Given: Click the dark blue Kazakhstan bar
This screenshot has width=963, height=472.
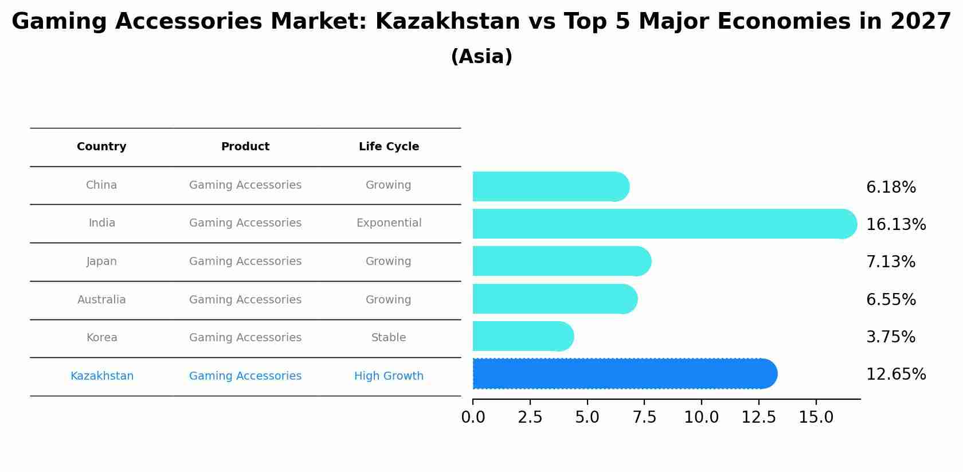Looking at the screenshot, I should pyautogui.click(x=624, y=374).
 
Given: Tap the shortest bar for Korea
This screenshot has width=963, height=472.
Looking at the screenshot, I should pyautogui.click(x=522, y=336).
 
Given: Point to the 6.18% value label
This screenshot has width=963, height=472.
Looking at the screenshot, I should pyautogui.click(x=891, y=188).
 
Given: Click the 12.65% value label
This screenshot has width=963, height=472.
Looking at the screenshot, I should pyautogui.click(x=895, y=375).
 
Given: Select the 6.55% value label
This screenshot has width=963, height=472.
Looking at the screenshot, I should pyautogui.click(x=891, y=300).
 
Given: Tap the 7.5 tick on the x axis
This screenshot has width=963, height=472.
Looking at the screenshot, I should pyautogui.click(x=644, y=417).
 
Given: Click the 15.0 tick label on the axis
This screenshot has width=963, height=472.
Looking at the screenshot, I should pyautogui.click(x=816, y=417).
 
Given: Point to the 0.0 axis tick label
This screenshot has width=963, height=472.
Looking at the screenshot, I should pyautogui.click(x=473, y=417).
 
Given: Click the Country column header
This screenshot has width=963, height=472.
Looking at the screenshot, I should pyautogui.click(x=101, y=147).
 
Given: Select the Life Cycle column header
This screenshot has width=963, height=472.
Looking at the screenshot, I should pyautogui.click(x=389, y=147).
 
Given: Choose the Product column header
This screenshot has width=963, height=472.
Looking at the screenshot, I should pyautogui.click(x=245, y=147).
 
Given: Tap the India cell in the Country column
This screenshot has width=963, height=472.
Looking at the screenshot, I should pyautogui.click(x=102, y=223).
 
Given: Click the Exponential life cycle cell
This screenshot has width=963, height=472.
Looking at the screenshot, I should pyautogui.click(x=389, y=223).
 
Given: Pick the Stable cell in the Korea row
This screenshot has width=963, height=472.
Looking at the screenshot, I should pyautogui.click(x=389, y=338).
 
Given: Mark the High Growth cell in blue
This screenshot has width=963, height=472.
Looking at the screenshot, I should pyautogui.click(x=389, y=376).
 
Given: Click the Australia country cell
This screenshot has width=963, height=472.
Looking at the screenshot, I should pyautogui.click(x=101, y=300).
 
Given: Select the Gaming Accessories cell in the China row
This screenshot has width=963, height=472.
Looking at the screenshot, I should pyautogui.click(x=245, y=185).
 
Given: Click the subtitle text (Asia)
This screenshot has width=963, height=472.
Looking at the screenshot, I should pyautogui.click(x=481, y=57).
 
